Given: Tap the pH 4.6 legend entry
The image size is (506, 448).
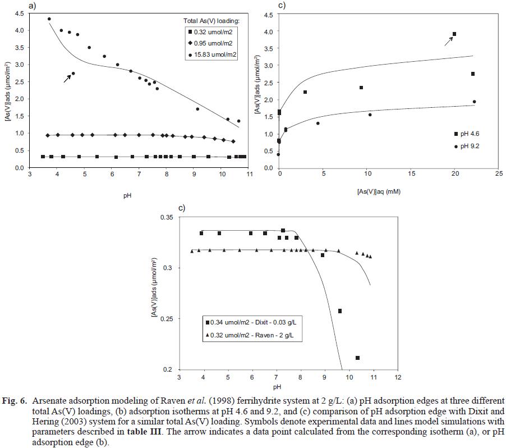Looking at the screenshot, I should tap(472, 133).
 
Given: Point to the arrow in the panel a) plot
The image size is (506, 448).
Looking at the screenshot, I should tap(67, 78).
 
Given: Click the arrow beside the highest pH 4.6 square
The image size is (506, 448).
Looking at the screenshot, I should tap(448, 39).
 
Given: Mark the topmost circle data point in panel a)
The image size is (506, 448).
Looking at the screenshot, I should tap(49, 19).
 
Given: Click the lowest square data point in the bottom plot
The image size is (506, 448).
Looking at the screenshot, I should tap(358, 358).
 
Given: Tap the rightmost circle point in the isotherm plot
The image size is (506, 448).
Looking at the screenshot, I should tap(474, 102).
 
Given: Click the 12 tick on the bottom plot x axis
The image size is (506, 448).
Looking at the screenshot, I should tap(398, 378).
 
